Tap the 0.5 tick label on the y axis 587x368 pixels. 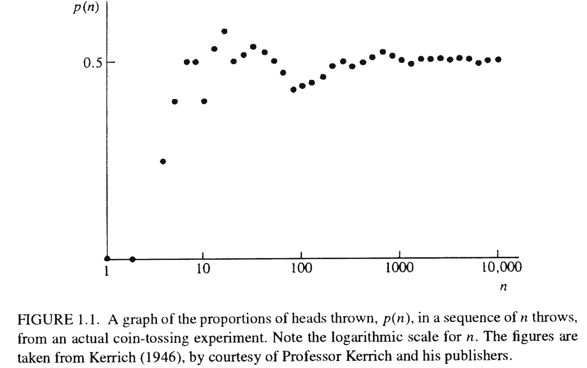point(93,63)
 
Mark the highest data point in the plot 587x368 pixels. point(224,31)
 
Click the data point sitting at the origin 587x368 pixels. point(107,259)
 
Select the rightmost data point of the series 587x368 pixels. point(498,59)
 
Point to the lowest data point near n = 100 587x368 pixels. point(293,90)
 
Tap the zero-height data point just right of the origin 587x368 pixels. point(132,259)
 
